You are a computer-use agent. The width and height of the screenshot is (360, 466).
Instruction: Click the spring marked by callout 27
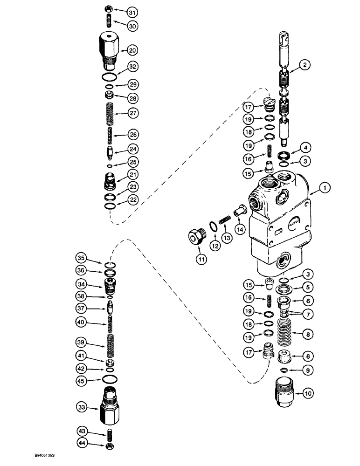(x=109, y=113)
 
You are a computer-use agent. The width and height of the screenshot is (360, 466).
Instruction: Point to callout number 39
(x=82, y=342)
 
